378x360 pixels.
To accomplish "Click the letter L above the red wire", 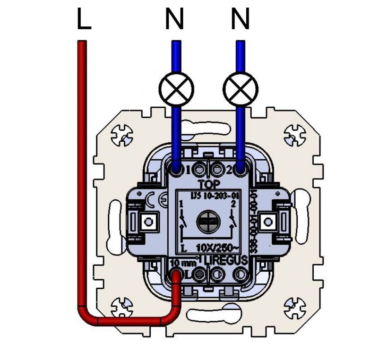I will [83, 19].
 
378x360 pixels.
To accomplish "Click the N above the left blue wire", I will [175, 19].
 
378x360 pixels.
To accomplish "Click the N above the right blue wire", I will [241, 19].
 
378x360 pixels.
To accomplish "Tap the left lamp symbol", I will [176, 89].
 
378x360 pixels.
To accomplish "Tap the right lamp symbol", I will [241, 89].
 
